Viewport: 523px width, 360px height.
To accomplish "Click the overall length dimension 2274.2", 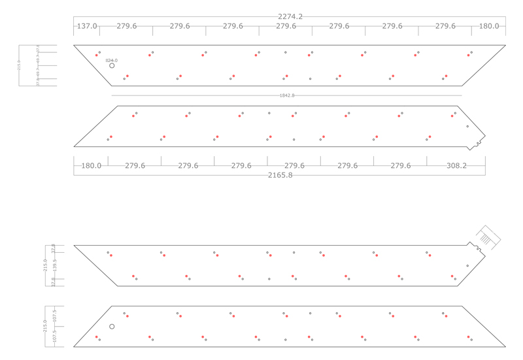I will point(290,16).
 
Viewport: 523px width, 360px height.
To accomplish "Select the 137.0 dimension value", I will point(87,26).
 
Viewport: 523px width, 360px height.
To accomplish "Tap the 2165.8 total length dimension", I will point(280,175).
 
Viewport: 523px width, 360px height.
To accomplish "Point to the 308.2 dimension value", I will point(456,166).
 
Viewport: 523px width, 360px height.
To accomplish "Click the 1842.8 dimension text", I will point(287,95).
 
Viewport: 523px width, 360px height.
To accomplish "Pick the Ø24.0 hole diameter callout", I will point(111,60).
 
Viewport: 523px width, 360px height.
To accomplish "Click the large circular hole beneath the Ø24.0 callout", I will point(112,66).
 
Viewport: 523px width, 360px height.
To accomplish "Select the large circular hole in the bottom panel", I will point(112,327).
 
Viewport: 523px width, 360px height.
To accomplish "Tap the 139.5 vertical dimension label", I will point(55,264).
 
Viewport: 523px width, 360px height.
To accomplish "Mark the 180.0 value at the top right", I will point(488,26).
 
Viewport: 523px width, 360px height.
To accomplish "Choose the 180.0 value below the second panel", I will point(91,166).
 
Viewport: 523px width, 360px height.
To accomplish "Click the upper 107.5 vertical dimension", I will point(55,314).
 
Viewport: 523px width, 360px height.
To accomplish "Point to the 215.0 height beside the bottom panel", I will point(45,326).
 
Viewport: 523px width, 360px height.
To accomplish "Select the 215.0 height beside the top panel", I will point(19,65).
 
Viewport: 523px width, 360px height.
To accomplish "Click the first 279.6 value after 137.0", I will point(127,26).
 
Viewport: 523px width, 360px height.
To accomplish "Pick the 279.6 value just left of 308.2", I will point(401,166).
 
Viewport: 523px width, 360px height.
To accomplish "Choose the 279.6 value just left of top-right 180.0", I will point(445,26).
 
